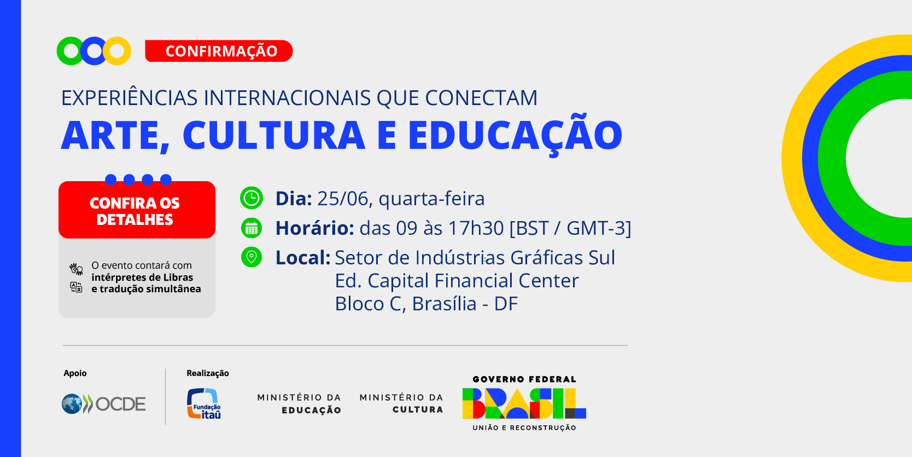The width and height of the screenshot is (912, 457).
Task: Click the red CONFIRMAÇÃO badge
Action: (x=219, y=51)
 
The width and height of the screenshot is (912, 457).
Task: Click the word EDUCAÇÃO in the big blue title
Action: (x=515, y=135)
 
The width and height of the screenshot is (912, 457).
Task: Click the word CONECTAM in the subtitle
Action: (x=481, y=98)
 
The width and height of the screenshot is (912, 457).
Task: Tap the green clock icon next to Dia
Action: (x=251, y=198)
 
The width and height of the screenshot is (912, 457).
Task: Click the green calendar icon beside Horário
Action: (x=251, y=228)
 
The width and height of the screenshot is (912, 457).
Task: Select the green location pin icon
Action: (x=251, y=257)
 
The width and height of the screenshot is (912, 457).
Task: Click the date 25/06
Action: (x=342, y=199)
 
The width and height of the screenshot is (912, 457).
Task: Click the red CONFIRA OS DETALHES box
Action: (x=137, y=210)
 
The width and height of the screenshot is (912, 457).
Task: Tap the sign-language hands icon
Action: (x=76, y=269)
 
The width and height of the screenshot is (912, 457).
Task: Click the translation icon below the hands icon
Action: (x=76, y=287)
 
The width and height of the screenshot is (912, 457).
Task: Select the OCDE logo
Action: (x=103, y=404)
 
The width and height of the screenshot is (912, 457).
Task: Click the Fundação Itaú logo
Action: (x=204, y=403)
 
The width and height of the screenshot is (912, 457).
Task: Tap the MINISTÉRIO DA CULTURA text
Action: (x=401, y=403)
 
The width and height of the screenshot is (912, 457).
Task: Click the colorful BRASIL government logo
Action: (x=524, y=403)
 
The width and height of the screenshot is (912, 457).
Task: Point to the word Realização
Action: (x=208, y=373)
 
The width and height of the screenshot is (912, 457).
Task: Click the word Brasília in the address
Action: (x=444, y=304)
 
